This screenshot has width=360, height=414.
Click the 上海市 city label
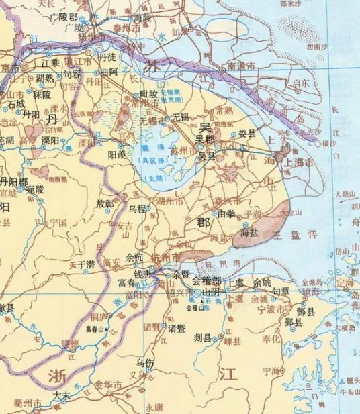[300, 162]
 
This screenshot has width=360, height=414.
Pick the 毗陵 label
[148, 94]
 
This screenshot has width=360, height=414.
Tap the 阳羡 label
[118, 154]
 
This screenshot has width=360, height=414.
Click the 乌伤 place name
[145, 362]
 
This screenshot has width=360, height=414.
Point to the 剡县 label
[203, 336]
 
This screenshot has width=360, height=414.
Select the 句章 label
[280, 291]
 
